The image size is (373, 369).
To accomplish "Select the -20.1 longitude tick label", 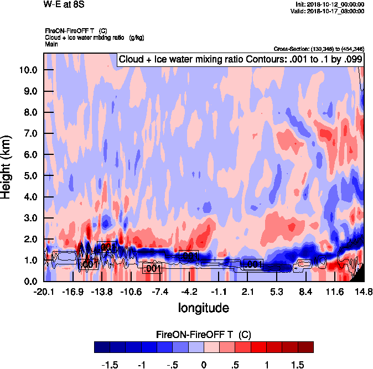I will pyautogui.click(x=44, y=292).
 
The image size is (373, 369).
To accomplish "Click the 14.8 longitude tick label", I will pyautogui.click(x=363, y=292).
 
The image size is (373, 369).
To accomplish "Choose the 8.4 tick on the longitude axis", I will pyautogui.click(x=305, y=292).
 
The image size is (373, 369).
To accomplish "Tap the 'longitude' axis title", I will pyautogui.click(x=203, y=307).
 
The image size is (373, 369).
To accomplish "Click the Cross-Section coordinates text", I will pyautogui.click(x=319, y=49).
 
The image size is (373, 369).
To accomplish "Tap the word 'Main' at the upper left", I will pyautogui.click(x=52, y=43).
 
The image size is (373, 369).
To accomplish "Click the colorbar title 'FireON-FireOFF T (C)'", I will pyautogui.click(x=204, y=335).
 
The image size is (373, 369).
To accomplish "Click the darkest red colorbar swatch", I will pyautogui.click(x=305, y=347).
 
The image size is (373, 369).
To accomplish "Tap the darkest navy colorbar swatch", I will pyautogui.click(x=102, y=347).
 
